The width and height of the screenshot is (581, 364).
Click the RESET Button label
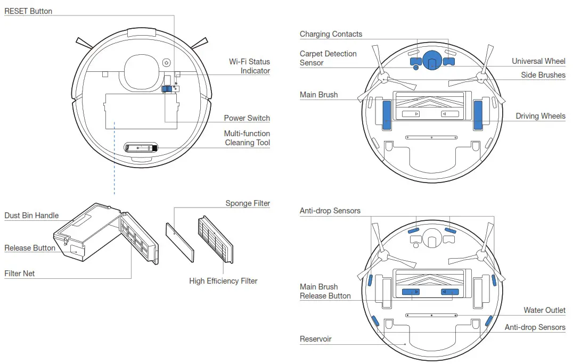(28, 11)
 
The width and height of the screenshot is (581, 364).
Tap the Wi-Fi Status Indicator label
(249, 67)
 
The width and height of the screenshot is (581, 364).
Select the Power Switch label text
(247, 118)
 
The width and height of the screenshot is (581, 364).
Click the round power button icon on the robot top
(166, 63)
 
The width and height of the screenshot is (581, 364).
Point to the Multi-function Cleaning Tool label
(247, 138)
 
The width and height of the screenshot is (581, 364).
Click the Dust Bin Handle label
(31, 216)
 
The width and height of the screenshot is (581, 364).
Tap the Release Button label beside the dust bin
(30, 248)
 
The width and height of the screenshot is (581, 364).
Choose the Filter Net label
(20, 274)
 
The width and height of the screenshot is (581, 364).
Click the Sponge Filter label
(247, 203)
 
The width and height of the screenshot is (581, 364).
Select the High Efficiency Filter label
(223, 281)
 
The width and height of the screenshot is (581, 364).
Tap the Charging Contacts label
(331, 34)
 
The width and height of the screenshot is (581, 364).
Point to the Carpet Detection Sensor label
(328, 58)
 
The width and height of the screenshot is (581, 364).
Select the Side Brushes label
(543, 75)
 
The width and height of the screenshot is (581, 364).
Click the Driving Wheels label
(540, 116)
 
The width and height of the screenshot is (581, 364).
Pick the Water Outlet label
(544, 310)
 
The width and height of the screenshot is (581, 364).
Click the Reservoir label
(315, 339)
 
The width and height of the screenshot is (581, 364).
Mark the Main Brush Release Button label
(325, 292)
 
